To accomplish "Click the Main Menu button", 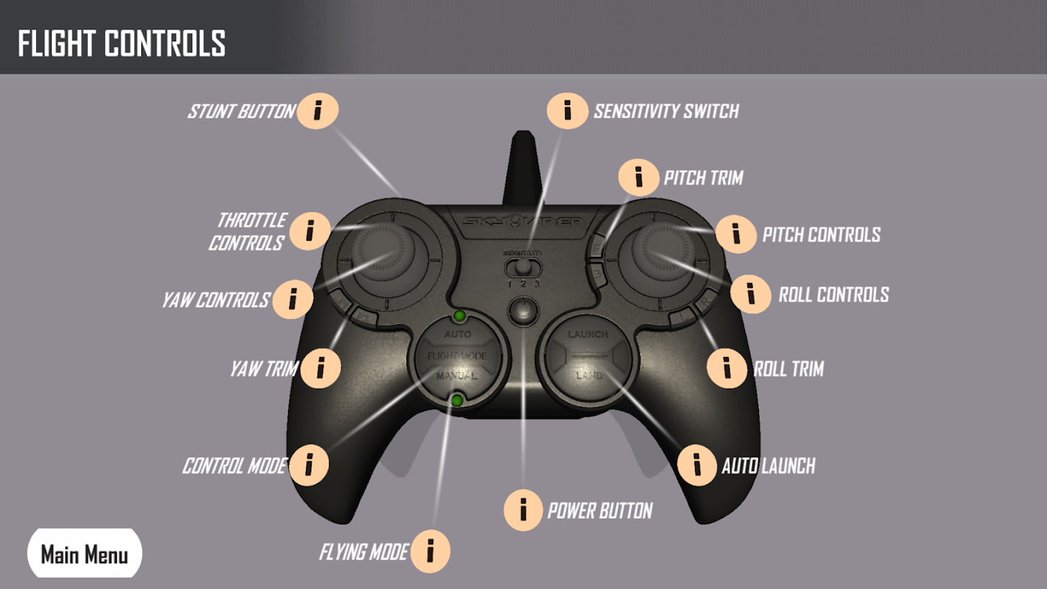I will (84, 554).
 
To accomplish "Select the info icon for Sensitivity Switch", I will (567, 110).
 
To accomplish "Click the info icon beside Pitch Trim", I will (638, 177).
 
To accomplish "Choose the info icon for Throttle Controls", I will (309, 230).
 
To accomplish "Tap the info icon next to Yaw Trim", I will (320, 368).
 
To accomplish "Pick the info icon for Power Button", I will (523, 509).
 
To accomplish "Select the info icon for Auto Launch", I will (697, 465).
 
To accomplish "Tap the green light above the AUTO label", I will (459, 317).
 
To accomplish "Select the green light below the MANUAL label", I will (457, 401).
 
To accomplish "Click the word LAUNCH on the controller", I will (588, 334).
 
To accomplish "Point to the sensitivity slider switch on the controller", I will (523, 267).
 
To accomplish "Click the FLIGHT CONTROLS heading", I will (121, 43).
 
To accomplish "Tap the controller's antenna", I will (523, 166).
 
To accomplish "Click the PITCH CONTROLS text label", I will (821, 235).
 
